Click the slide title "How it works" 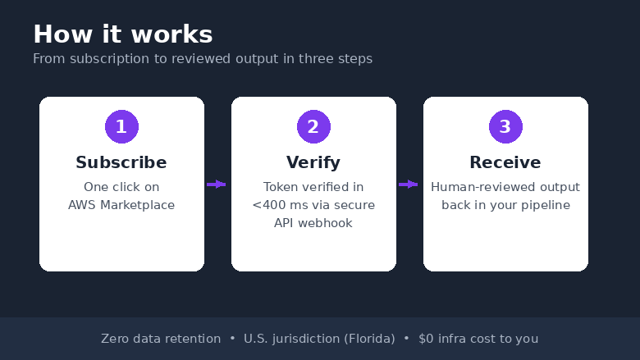[x=123, y=34]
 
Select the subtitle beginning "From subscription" [x=203, y=59]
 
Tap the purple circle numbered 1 [x=121, y=127]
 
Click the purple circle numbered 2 [x=313, y=127]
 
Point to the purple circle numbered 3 [x=505, y=127]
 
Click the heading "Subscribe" [x=121, y=162]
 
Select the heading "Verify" [x=313, y=162]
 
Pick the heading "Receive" [x=505, y=162]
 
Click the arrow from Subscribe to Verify [x=217, y=185]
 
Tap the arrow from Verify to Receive [x=408, y=185]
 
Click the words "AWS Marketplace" [x=121, y=205]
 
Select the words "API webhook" [x=313, y=223]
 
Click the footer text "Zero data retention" [x=161, y=339]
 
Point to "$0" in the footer [x=426, y=339]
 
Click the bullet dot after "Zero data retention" [x=232, y=339]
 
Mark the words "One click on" [x=121, y=187]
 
